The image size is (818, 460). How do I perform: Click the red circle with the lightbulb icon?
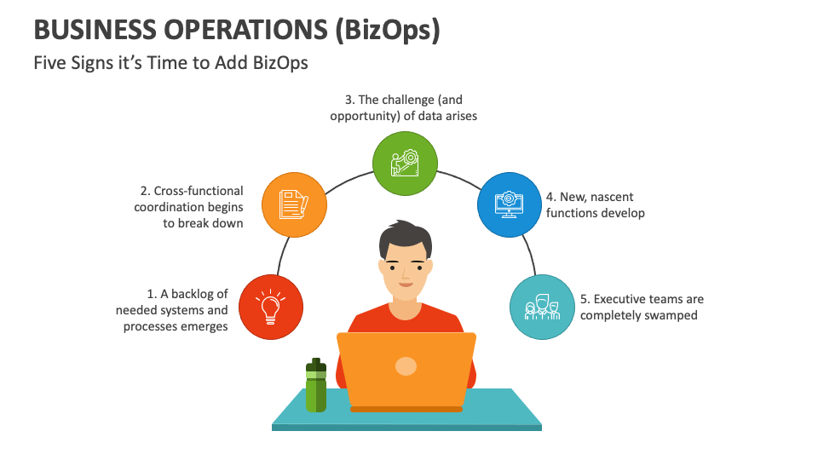coord(271,307)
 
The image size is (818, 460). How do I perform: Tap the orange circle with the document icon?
coord(292,204)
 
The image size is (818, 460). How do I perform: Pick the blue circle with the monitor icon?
coord(510,204)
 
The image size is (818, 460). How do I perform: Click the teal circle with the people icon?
coord(542,307)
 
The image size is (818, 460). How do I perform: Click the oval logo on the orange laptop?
coord(406,366)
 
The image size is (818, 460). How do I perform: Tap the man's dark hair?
coord(405,235)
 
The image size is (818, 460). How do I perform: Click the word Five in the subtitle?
coord(49,62)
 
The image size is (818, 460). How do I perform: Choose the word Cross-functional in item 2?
coord(199,191)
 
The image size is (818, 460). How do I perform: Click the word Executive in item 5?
coord(620,299)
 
